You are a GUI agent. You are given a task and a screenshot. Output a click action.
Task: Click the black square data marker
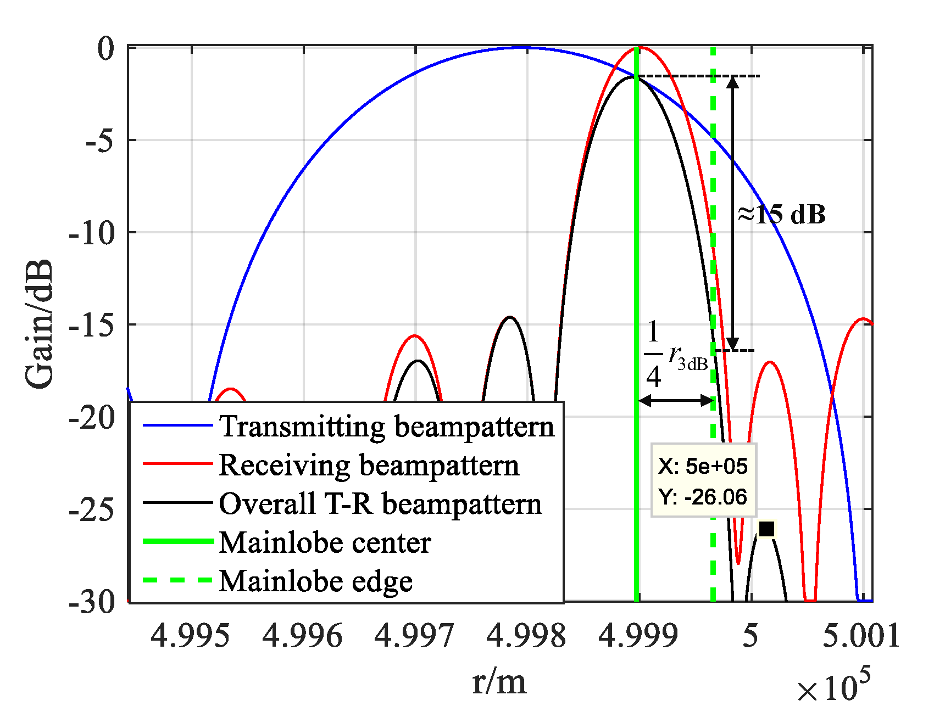tap(766, 529)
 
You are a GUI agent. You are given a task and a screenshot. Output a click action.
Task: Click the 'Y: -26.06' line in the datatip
tap(703, 497)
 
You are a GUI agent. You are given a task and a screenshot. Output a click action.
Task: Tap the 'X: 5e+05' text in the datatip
tap(703, 466)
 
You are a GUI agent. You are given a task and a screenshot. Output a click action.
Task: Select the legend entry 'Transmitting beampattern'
tap(386, 426)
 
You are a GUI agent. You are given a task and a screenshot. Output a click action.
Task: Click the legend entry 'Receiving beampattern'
tap(368, 465)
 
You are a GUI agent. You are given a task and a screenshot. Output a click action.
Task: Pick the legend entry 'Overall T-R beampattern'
tap(380, 503)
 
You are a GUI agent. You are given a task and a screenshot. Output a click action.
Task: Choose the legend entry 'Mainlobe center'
tap(324, 542)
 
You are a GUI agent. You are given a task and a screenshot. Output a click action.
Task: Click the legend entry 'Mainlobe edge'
tap(315, 581)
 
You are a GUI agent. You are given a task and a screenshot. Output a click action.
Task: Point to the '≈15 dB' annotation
tap(781, 214)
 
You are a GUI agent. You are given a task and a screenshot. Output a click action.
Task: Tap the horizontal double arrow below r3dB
tap(676, 400)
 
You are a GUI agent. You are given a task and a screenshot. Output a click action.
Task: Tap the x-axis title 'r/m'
tap(499, 682)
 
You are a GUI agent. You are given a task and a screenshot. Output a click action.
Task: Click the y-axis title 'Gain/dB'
tap(40, 324)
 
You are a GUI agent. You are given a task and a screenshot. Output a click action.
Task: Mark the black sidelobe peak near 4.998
tap(510, 317)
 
